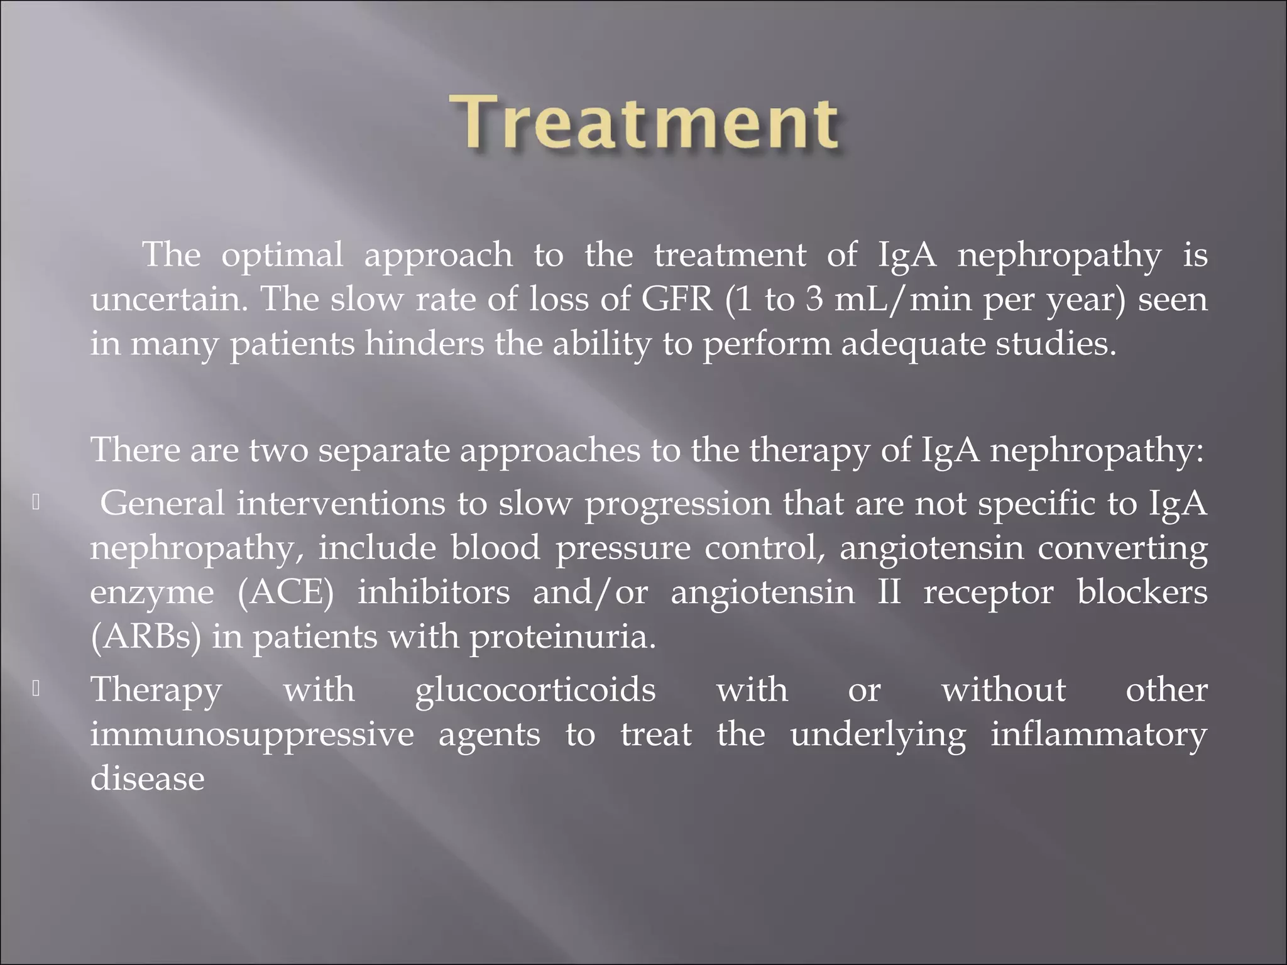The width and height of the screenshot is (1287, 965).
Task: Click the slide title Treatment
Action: (647, 122)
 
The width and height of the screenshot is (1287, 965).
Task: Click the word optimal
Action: (282, 256)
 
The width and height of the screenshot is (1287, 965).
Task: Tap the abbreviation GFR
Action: (677, 300)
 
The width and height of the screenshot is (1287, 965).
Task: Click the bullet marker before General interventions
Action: (36, 503)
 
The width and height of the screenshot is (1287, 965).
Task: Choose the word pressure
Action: (623, 548)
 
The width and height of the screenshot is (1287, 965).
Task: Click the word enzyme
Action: (151, 593)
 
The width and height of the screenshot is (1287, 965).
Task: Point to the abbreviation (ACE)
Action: (286, 592)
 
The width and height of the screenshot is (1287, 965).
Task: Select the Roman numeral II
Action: (889, 592)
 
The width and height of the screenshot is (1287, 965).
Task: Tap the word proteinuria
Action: (562, 637)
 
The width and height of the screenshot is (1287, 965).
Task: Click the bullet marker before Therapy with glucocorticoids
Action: (36, 689)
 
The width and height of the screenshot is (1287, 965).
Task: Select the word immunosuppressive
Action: (252, 735)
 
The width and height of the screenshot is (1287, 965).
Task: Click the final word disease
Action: (148, 778)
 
